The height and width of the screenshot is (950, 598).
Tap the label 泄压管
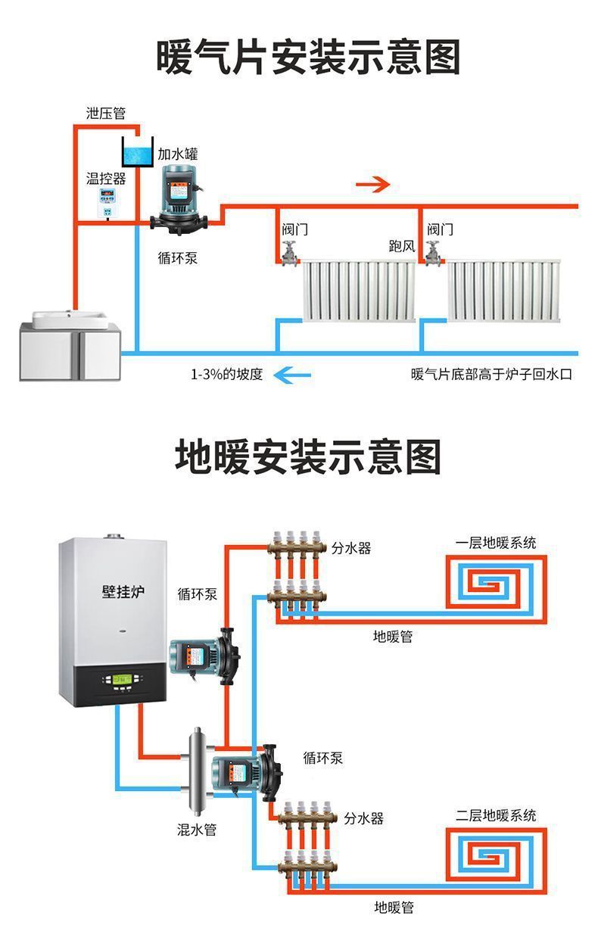[105, 114]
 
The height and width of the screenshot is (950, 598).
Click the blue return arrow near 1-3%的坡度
[291, 373]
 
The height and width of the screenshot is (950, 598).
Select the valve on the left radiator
[289, 252]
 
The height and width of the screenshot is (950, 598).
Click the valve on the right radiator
[433, 252]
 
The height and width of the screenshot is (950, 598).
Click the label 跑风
[402, 247]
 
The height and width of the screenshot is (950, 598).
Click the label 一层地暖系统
[496, 543]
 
